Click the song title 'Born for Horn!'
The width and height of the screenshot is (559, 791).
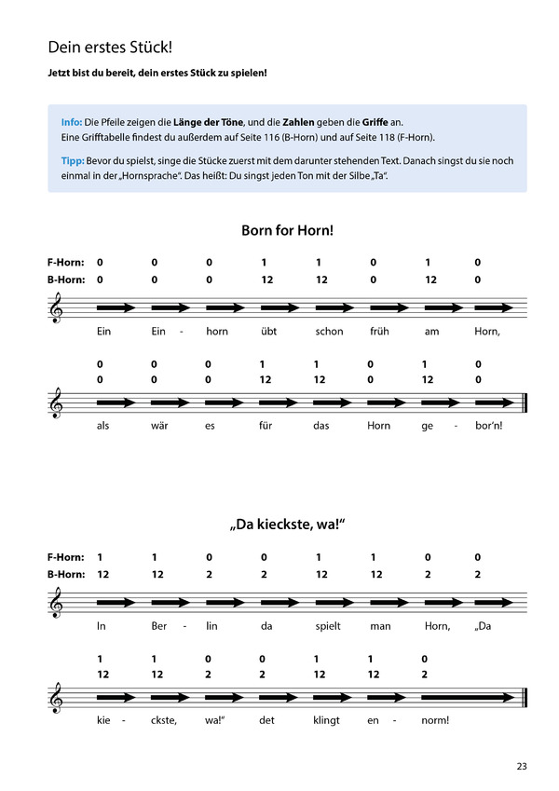[287, 230]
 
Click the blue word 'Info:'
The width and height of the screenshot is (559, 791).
[70, 122]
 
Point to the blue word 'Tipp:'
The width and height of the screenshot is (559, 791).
[71, 160]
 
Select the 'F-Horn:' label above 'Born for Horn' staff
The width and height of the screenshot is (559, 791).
[66, 263]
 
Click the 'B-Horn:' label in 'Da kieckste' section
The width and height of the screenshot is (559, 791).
[66, 574]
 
